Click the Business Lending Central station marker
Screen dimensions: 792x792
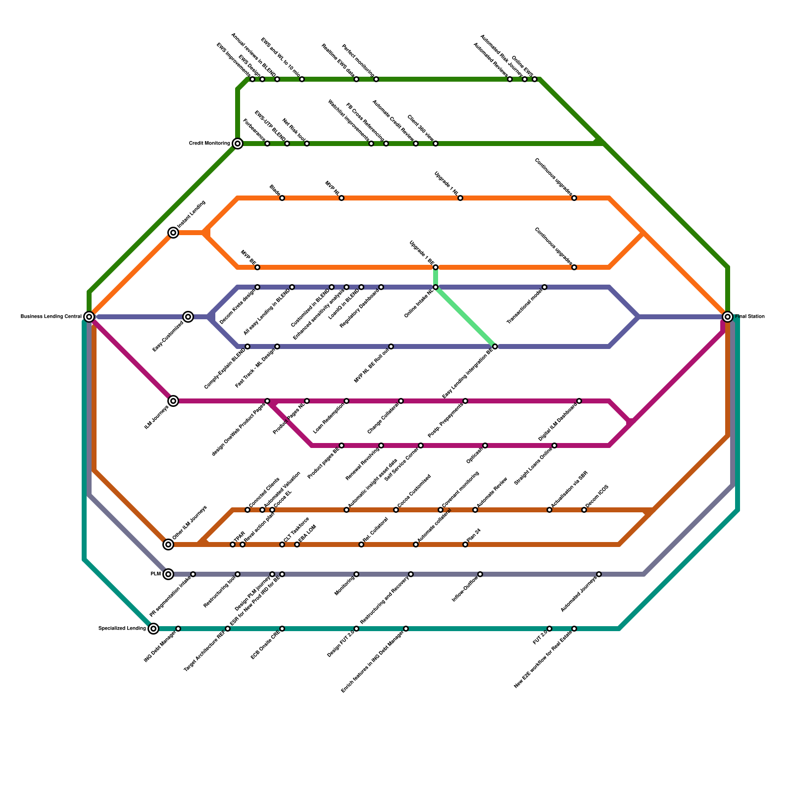click(89, 317)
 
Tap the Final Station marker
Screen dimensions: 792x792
click(727, 317)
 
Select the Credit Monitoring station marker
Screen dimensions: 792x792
click(238, 144)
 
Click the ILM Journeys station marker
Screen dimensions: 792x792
click(173, 401)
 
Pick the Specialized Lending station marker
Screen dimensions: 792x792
click(153, 629)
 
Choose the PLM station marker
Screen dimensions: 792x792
click(168, 574)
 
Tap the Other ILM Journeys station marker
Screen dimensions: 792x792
click(168, 544)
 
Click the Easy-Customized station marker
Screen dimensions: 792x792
click(188, 317)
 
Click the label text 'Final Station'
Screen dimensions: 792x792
click(750, 317)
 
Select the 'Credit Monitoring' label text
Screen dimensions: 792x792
click(209, 144)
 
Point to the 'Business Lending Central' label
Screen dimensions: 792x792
click(51, 317)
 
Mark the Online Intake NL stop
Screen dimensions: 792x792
click(436, 287)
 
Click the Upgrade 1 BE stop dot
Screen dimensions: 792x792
click(436, 267)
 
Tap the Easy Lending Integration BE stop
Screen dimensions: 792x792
click(495, 346)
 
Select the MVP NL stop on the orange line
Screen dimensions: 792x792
click(342, 198)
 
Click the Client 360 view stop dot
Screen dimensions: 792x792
click(436, 144)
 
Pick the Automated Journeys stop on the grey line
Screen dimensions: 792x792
click(599, 574)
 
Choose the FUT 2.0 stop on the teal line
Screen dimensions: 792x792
click(549, 629)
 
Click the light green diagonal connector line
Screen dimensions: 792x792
click(465, 317)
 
